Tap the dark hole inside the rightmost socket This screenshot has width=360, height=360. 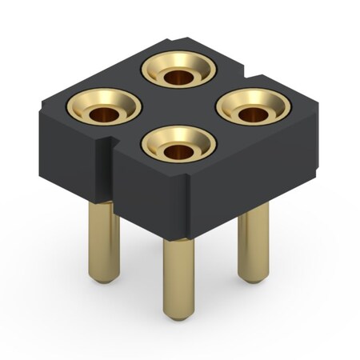(x=254, y=114)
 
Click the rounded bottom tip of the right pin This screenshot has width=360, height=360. (x=254, y=278)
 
